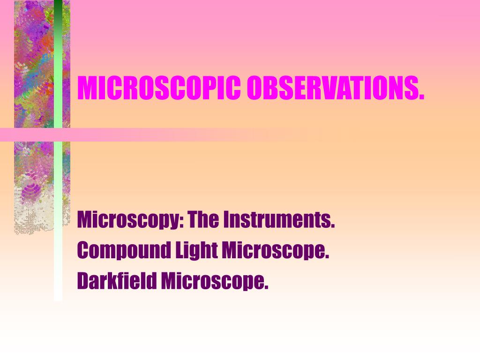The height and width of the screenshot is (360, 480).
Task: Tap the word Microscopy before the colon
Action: [x=127, y=220]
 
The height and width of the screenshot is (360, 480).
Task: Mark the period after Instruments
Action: [x=333, y=226]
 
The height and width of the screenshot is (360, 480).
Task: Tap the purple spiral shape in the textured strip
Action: [x=30, y=190]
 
